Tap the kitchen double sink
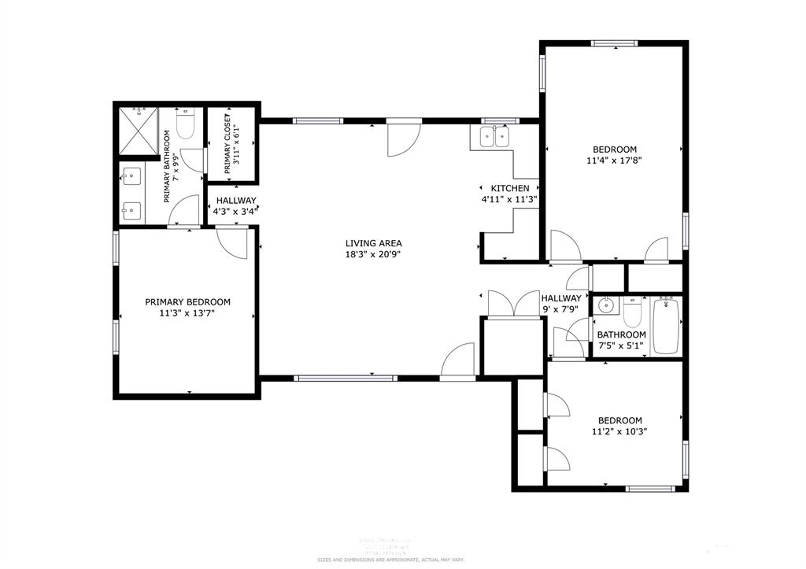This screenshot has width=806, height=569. (494, 139)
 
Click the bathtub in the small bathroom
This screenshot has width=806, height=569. (666, 325)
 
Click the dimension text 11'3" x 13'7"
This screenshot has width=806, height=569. (187, 312)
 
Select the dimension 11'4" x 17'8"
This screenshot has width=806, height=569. (615, 161)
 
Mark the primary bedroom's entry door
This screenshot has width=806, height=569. (232, 241)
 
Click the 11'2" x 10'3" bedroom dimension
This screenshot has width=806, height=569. (619, 431)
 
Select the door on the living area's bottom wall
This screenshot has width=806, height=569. (458, 362)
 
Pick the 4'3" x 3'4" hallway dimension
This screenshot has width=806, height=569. (233, 211)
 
